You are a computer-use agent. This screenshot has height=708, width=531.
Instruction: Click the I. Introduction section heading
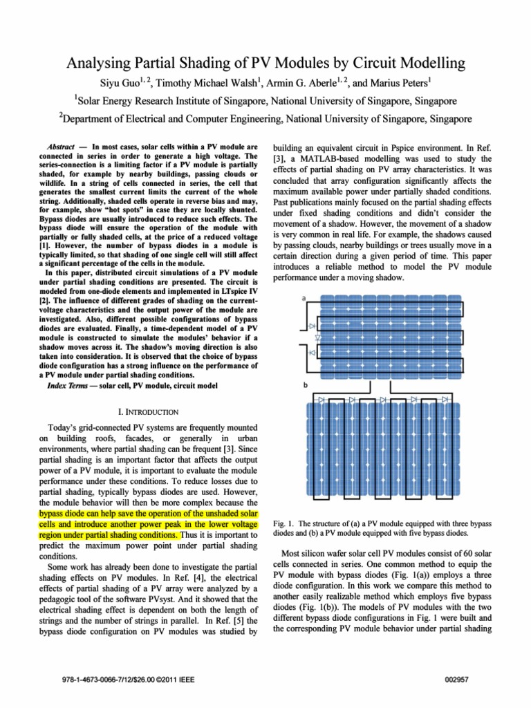(x=149, y=412)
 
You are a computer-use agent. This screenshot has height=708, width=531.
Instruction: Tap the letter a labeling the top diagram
(x=305, y=298)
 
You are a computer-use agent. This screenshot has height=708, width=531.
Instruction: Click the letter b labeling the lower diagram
(x=305, y=385)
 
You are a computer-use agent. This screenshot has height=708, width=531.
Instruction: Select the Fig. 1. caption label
(x=286, y=523)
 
